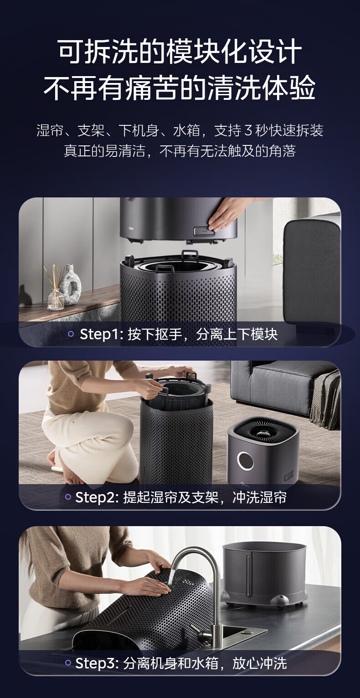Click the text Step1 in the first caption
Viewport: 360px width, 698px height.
(x=99, y=334)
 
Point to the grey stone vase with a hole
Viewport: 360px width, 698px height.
(x=70, y=285)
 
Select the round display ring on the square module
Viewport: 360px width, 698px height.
(x=245, y=460)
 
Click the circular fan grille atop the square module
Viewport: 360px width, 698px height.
(x=264, y=430)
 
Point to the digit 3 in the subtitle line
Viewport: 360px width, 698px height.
(x=248, y=130)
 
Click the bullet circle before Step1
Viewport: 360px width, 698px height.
(x=71, y=334)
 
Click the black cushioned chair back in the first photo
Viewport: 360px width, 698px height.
(x=311, y=272)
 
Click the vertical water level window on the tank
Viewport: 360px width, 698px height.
(x=248, y=574)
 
